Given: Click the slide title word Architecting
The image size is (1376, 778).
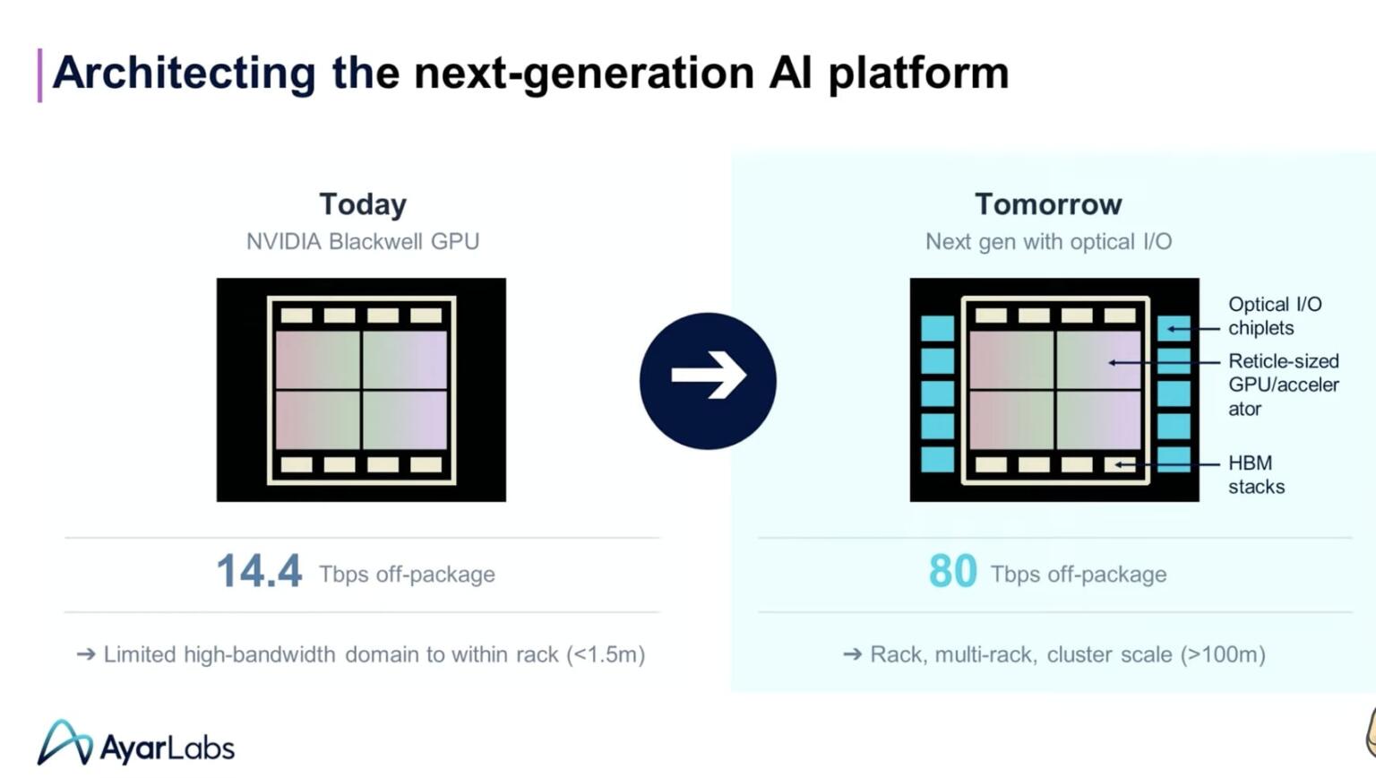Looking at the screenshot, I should [x=184, y=73].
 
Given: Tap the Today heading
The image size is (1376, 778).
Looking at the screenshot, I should [x=363, y=204].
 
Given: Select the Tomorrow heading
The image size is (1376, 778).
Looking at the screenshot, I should [x=1048, y=204].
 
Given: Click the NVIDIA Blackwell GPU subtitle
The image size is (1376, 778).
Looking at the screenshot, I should [x=363, y=242].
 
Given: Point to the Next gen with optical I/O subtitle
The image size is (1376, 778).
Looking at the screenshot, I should [x=1048, y=242].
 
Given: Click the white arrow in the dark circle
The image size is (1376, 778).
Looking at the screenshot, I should [x=708, y=375].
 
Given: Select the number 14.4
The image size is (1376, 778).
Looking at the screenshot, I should [x=259, y=572].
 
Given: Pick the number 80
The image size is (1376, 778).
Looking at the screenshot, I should [x=952, y=572].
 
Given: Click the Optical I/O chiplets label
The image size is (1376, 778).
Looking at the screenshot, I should [x=1274, y=316].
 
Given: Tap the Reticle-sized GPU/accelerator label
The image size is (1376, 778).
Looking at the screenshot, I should [x=1283, y=385].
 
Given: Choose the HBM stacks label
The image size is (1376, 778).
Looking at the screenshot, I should [x=1256, y=475].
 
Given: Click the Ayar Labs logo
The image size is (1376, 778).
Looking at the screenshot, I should [x=136, y=744].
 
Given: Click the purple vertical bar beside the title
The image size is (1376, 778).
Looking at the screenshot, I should [x=39, y=74].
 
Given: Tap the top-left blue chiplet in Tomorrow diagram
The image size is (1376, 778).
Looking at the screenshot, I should [x=938, y=328].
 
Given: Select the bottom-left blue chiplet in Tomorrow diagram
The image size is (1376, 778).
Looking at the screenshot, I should [x=938, y=459].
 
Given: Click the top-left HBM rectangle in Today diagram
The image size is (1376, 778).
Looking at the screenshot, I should [x=297, y=316].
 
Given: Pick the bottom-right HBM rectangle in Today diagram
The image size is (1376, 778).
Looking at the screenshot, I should [x=426, y=464].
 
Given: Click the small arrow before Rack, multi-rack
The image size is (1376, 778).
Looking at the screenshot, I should [x=852, y=655].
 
